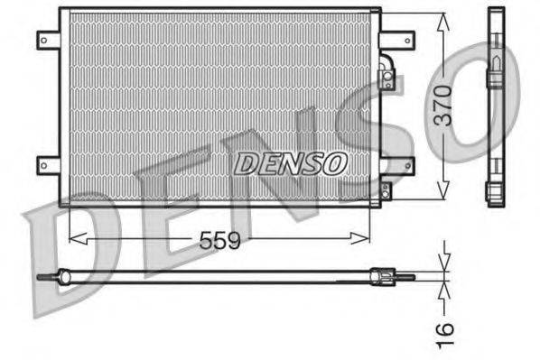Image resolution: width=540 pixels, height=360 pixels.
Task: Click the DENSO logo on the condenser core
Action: pyautogui.click(x=291, y=163)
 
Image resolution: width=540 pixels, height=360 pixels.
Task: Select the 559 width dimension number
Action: pyautogui.click(x=219, y=240)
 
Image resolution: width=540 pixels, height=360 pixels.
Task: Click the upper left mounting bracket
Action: pyautogui.click(x=48, y=39)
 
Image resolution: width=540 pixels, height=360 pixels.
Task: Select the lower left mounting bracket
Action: pyautogui.click(x=48, y=164)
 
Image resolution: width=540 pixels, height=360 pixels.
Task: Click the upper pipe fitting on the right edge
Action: pyautogui.click(x=387, y=78)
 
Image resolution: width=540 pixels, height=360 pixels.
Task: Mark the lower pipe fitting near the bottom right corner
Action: pyautogui.click(x=386, y=191)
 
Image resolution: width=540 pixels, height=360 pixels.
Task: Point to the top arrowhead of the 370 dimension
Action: pyautogui.click(x=442, y=20)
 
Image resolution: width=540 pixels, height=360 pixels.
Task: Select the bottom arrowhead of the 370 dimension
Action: pyautogui.click(x=442, y=191)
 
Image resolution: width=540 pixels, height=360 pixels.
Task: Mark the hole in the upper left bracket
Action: pyautogui.click(x=43, y=39)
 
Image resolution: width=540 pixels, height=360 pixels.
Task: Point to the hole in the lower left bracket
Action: pyautogui.click(x=43, y=164)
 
